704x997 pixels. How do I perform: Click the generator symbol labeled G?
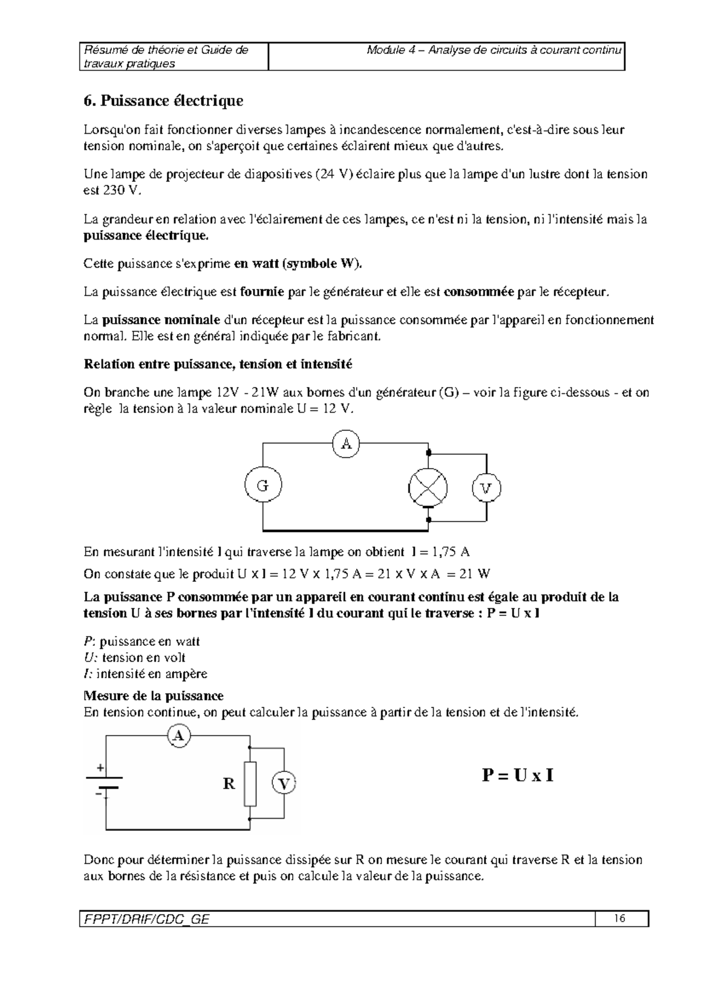point(263,486)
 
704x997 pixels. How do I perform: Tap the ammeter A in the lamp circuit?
point(346,444)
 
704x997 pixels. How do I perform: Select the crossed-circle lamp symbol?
point(428,487)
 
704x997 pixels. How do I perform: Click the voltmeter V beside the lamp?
point(486,488)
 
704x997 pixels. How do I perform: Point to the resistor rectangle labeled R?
point(250,784)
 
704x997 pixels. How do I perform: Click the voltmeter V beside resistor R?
point(285,783)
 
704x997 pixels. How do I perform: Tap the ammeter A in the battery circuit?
point(180,735)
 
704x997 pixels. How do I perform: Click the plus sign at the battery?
point(100,767)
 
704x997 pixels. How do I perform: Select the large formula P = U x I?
point(517,776)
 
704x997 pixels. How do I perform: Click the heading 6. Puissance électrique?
point(163,101)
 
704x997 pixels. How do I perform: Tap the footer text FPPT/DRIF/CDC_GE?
point(144,919)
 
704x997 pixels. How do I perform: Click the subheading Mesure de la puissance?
point(154,696)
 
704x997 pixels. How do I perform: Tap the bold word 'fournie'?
point(262,292)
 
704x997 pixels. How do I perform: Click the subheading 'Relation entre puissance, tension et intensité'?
point(218,364)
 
